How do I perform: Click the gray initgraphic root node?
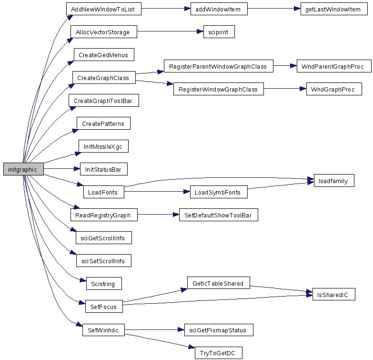click(x=23, y=169)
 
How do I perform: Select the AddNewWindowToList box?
click(x=104, y=9)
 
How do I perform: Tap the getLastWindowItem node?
click(x=334, y=9)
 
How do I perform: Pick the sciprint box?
click(x=219, y=31)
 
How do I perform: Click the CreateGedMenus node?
click(x=104, y=54)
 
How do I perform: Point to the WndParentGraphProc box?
click(x=334, y=66)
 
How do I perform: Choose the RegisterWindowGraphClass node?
click(x=219, y=89)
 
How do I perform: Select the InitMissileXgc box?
click(x=103, y=146)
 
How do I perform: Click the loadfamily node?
click(x=334, y=180)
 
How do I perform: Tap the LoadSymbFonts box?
click(x=219, y=192)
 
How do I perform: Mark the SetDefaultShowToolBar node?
click(x=218, y=215)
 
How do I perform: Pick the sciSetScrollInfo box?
click(x=104, y=260)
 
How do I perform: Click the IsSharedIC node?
click(x=334, y=294)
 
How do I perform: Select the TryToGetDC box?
click(x=219, y=353)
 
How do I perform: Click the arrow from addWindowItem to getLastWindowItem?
click(x=274, y=9)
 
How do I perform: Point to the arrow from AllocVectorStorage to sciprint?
click(x=170, y=31)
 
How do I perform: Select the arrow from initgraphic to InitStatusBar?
click(x=62, y=169)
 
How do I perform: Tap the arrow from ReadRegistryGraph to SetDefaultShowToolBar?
click(x=158, y=215)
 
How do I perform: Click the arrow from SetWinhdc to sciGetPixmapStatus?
click(x=154, y=330)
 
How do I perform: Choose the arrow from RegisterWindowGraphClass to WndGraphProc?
click(x=285, y=89)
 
